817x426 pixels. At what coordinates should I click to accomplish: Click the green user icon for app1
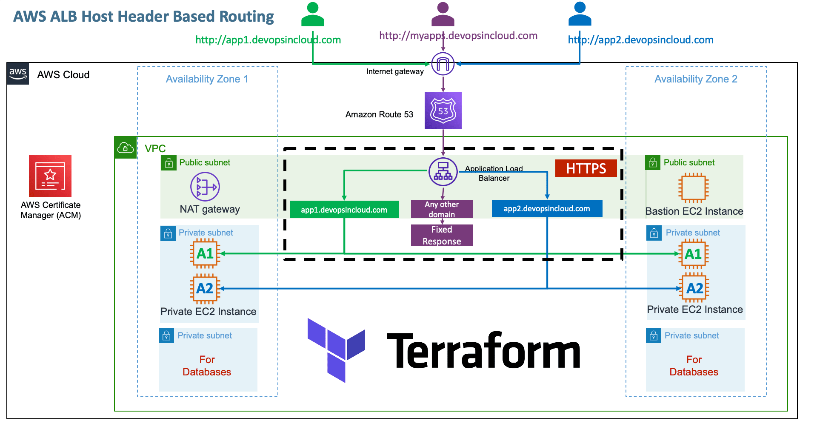pyautogui.click(x=313, y=14)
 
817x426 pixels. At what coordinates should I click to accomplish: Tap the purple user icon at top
pyautogui.click(x=443, y=14)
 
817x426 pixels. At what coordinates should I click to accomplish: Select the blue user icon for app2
pyautogui.click(x=580, y=14)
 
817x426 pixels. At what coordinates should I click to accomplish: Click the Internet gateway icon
pyautogui.click(x=443, y=64)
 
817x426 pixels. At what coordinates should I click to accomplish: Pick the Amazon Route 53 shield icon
pyautogui.click(x=443, y=111)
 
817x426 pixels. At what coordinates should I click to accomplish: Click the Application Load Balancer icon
pyautogui.click(x=443, y=172)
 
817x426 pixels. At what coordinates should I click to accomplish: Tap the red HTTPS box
pyautogui.click(x=586, y=168)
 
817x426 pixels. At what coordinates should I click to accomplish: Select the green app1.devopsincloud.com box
pyautogui.click(x=344, y=210)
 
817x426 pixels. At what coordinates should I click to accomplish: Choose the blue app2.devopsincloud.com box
pyautogui.click(x=547, y=209)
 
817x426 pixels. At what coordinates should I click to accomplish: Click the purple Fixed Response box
pyautogui.click(x=442, y=236)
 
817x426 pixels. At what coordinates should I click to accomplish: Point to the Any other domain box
pyautogui.click(x=442, y=209)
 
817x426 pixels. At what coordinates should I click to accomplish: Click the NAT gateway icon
pyautogui.click(x=205, y=187)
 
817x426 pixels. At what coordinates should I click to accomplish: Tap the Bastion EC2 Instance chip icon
pyautogui.click(x=693, y=187)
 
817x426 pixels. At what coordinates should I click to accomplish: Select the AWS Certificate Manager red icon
pyautogui.click(x=50, y=176)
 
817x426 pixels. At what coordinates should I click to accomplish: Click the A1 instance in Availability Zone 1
pyautogui.click(x=205, y=254)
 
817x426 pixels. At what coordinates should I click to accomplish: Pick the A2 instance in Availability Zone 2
pyautogui.click(x=694, y=289)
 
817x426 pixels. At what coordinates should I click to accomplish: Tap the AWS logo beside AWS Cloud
pyautogui.click(x=18, y=74)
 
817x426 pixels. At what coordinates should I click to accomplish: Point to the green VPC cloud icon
pyautogui.click(x=126, y=148)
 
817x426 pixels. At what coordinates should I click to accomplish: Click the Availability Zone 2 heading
pyautogui.click(x=696, y=79)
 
